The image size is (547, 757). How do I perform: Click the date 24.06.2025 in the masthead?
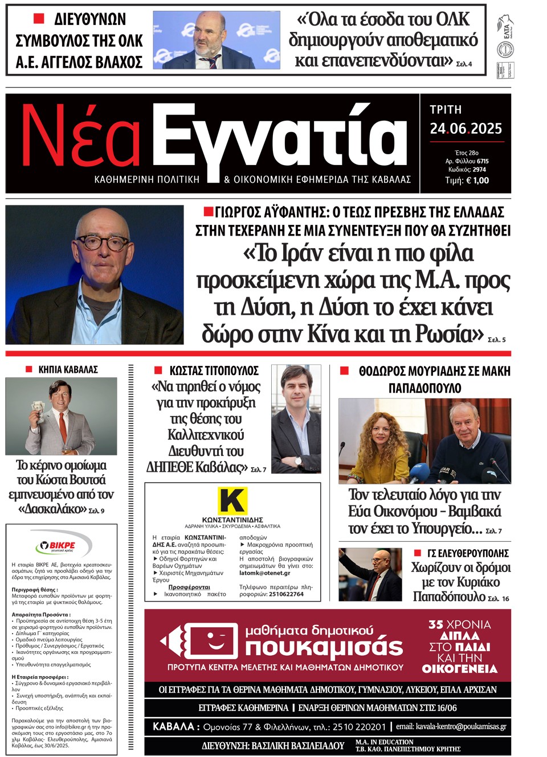tap(466, 129)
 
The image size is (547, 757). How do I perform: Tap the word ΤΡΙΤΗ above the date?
tap(446, 109)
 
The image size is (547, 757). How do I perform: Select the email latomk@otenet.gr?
tap(264, 573)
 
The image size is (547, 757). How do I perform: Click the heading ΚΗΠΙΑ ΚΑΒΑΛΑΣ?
tap(68, 369)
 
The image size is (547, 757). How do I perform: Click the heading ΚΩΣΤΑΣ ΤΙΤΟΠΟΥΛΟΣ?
tap(214, 371)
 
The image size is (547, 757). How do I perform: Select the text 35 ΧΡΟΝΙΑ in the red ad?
tap(459, 624)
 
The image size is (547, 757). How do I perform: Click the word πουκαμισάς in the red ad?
tap(324, 647)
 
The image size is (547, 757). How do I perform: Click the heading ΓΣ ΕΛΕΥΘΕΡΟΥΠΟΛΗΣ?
tap(468, 553)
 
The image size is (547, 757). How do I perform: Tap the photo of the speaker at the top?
tap(217, 40)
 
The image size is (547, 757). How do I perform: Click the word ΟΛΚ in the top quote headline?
tap(452, 20)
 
